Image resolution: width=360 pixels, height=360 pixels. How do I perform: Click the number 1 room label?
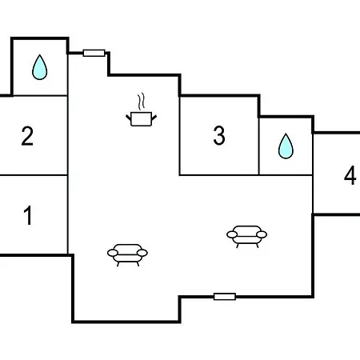click(28, 215)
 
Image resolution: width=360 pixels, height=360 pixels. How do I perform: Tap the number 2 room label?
click(27, 136)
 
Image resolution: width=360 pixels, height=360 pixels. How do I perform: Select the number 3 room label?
click(219, 135)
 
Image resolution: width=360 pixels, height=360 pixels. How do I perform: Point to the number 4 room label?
click(350, 175)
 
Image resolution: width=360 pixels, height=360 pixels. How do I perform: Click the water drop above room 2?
click(40, 67)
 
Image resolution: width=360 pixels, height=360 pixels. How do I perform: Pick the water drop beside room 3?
click(286, 146)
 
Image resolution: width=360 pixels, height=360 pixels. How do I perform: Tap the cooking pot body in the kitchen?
click(142, 119)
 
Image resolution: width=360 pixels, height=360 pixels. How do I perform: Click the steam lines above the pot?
click(142, 101)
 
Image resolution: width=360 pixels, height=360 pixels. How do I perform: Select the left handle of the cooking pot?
click(128, 117)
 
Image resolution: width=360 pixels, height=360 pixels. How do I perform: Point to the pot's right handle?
click(154, 117)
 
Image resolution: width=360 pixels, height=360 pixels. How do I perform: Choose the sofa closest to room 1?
click(127, 254)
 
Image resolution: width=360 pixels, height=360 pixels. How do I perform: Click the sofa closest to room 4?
click(247, 236)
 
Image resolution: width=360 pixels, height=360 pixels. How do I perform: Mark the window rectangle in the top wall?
click(94, 53)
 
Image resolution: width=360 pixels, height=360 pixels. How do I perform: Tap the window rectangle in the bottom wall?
click(225, 297)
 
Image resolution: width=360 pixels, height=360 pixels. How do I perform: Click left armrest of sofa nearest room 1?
click(113, 253)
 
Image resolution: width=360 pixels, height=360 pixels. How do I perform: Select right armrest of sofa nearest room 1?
click(142, 253)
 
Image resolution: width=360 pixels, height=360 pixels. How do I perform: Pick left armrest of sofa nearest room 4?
click(232, 234)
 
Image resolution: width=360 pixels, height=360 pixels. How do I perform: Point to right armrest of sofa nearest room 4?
click(262, 234)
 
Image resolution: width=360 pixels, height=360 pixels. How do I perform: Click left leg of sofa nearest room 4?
click(238, 246)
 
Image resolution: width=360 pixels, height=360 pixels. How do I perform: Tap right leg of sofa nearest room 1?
click(138, 264)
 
